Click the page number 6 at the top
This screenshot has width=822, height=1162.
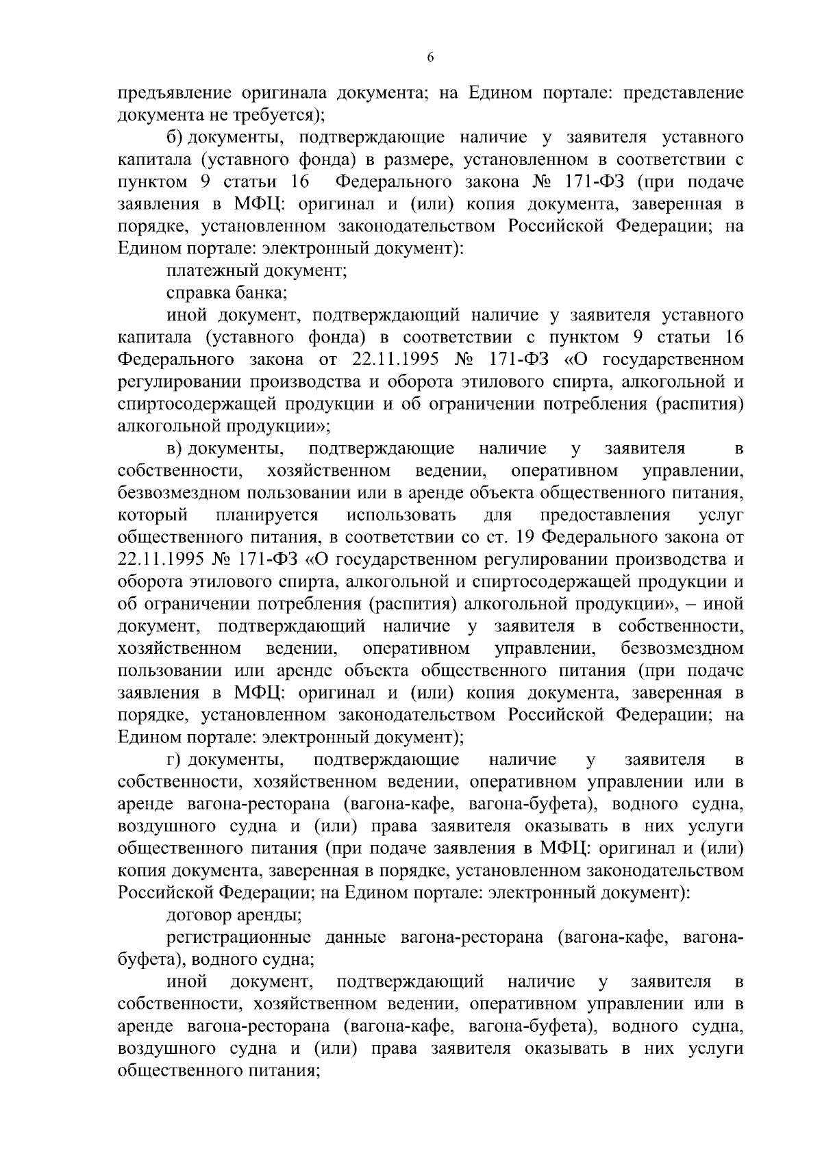click(430, 58)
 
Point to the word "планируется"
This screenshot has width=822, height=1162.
click(267, 516)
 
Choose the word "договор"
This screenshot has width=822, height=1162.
click(199, 916)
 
